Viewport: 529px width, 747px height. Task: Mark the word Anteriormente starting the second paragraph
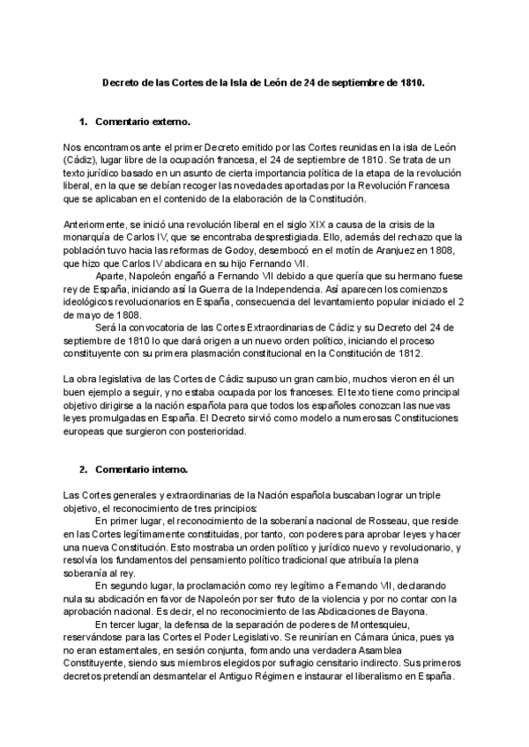pos(95,225)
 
